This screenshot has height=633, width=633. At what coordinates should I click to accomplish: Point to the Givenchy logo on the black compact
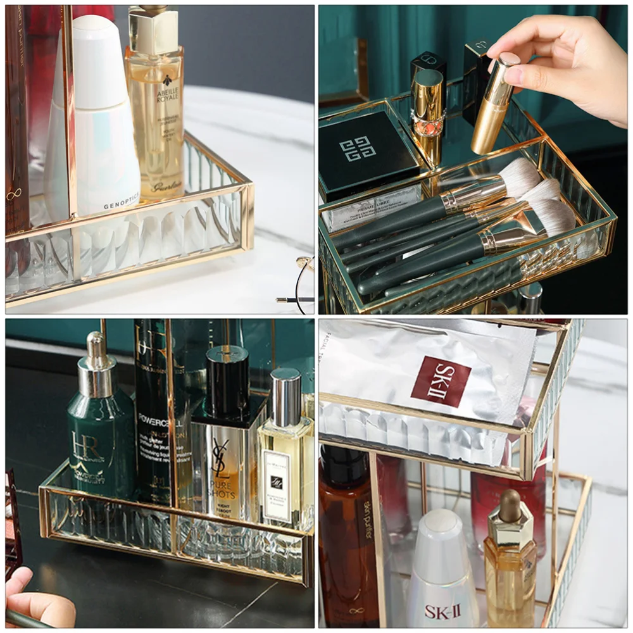[358, 149]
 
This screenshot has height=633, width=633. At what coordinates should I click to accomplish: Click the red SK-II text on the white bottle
[441, 611]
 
